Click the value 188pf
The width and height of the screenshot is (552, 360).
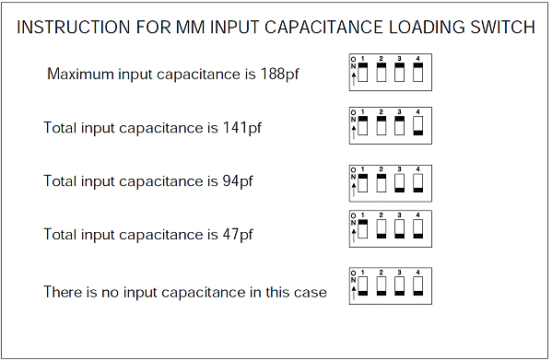(279, 75)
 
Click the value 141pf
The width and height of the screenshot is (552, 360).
(241, 128)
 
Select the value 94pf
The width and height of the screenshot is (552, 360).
(238, 181)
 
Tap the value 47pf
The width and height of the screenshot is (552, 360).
(238, 235)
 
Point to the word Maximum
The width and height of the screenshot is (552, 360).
(80, 75)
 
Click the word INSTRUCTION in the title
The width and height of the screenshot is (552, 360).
(74, 27)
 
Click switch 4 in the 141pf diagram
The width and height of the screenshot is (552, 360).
(417, 126)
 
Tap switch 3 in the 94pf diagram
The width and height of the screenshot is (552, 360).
(400, 183)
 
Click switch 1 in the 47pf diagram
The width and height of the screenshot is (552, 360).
(362, 229)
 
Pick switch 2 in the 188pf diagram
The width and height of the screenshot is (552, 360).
(382, 72)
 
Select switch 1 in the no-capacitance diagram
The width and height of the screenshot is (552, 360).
(362, 286)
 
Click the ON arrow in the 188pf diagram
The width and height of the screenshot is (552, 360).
(354, 79)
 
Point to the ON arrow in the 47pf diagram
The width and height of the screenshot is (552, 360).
(354, 236)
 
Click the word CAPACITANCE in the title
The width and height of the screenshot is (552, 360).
(323, 27)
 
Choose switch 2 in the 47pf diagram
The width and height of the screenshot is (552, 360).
(382, 229)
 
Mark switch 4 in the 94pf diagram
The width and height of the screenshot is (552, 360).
(417, 183)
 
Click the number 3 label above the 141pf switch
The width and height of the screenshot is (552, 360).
(400, 111)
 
